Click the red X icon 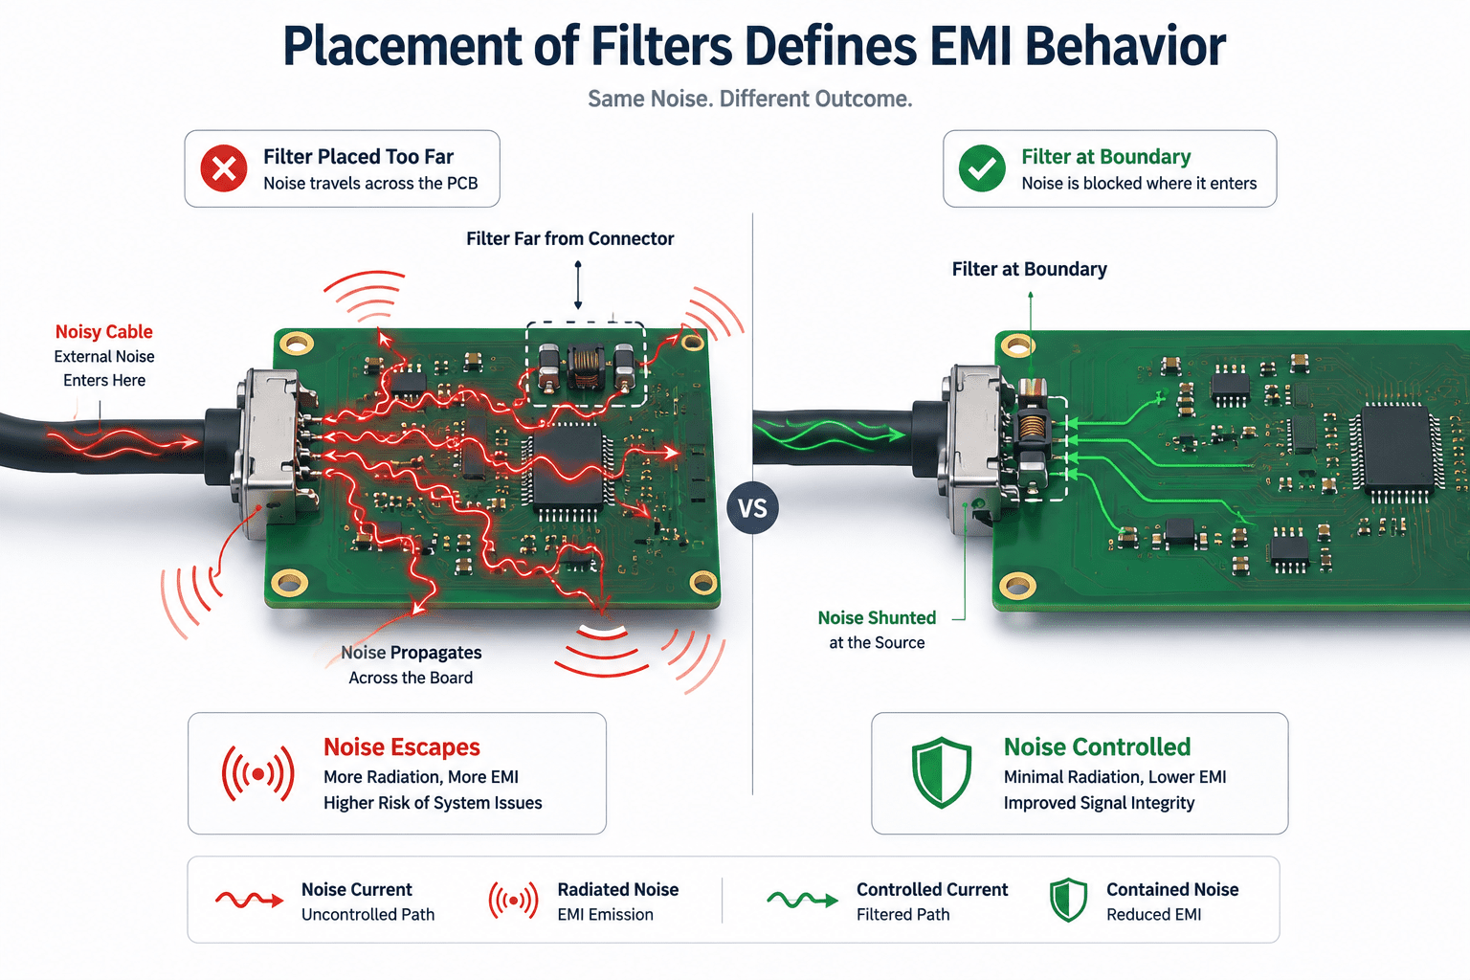tap(224, 168)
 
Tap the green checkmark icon tap(982, 168)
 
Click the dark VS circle tap(753, 507)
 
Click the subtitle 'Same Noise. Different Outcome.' tap(750, 100)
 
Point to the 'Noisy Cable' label tap(103, 331)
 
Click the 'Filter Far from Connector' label tap(569, 238)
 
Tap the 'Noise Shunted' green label tap(877, 617)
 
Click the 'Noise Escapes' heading tap(402, 747)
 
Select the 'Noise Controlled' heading tap(1098, 747)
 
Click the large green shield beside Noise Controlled tap(942, 772)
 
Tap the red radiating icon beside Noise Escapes tap(257, 774)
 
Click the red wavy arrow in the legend tap(250, 900)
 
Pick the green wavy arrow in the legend tap(803, 900)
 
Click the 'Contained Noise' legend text tap(1172, 889)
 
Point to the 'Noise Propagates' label tap(411, 653)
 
